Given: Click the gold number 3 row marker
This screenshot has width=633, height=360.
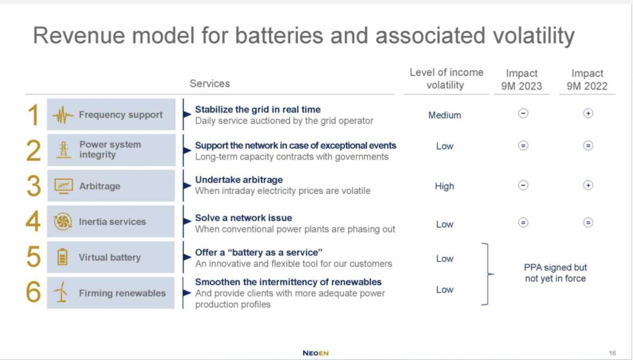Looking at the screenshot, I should pyautogui.click(x=34, y=186).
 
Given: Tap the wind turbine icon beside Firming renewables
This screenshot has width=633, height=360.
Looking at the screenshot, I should pyautogui.click(x=61, y=292).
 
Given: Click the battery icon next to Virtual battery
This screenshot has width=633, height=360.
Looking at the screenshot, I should pyautogui.click(x=62, y=257).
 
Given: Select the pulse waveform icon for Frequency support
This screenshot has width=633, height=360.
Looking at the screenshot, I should pyautogui.click(x=63, y=115).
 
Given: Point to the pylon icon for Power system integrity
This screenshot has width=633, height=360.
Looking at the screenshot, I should pyautogui.click(x=63, y=150).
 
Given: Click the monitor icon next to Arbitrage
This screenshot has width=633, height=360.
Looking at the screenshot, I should pyautogui.click(x=63, y=186).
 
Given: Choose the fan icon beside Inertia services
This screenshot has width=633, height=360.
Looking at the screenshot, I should pyautogui.click(x=63, y=222).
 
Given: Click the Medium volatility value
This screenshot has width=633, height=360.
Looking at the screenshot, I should pyautogui.click(x=444, y=115).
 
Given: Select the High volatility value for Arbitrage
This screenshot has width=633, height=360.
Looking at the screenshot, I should pyautogui.click(x=444, y=186).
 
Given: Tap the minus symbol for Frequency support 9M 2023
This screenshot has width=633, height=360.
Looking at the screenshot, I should pyautogui.click(x=523, y=113).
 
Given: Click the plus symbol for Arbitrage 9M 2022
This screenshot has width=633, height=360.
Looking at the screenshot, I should pyautogui.click(x=588, y=185).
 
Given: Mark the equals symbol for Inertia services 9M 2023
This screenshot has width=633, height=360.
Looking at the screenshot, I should pyautogui.click(x=523, y=223).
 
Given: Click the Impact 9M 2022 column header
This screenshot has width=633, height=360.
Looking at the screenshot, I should pyautogui.click(x=587, y=80).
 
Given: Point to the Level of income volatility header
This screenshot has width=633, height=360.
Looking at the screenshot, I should pyautogui.click(x=446, y=79).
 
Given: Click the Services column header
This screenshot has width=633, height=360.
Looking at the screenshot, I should pyautogui.click(x=209, y=84).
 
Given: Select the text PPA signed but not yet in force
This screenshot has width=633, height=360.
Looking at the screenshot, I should pyautogui.click(x=555, y=273).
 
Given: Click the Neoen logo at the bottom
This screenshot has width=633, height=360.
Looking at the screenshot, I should pyautogui.click(x=315, y=353).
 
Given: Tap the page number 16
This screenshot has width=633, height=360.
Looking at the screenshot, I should pyautogui.click(x=612, y=353).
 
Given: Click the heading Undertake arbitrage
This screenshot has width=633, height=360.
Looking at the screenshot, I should pyautogui.click(x=239, y=180).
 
